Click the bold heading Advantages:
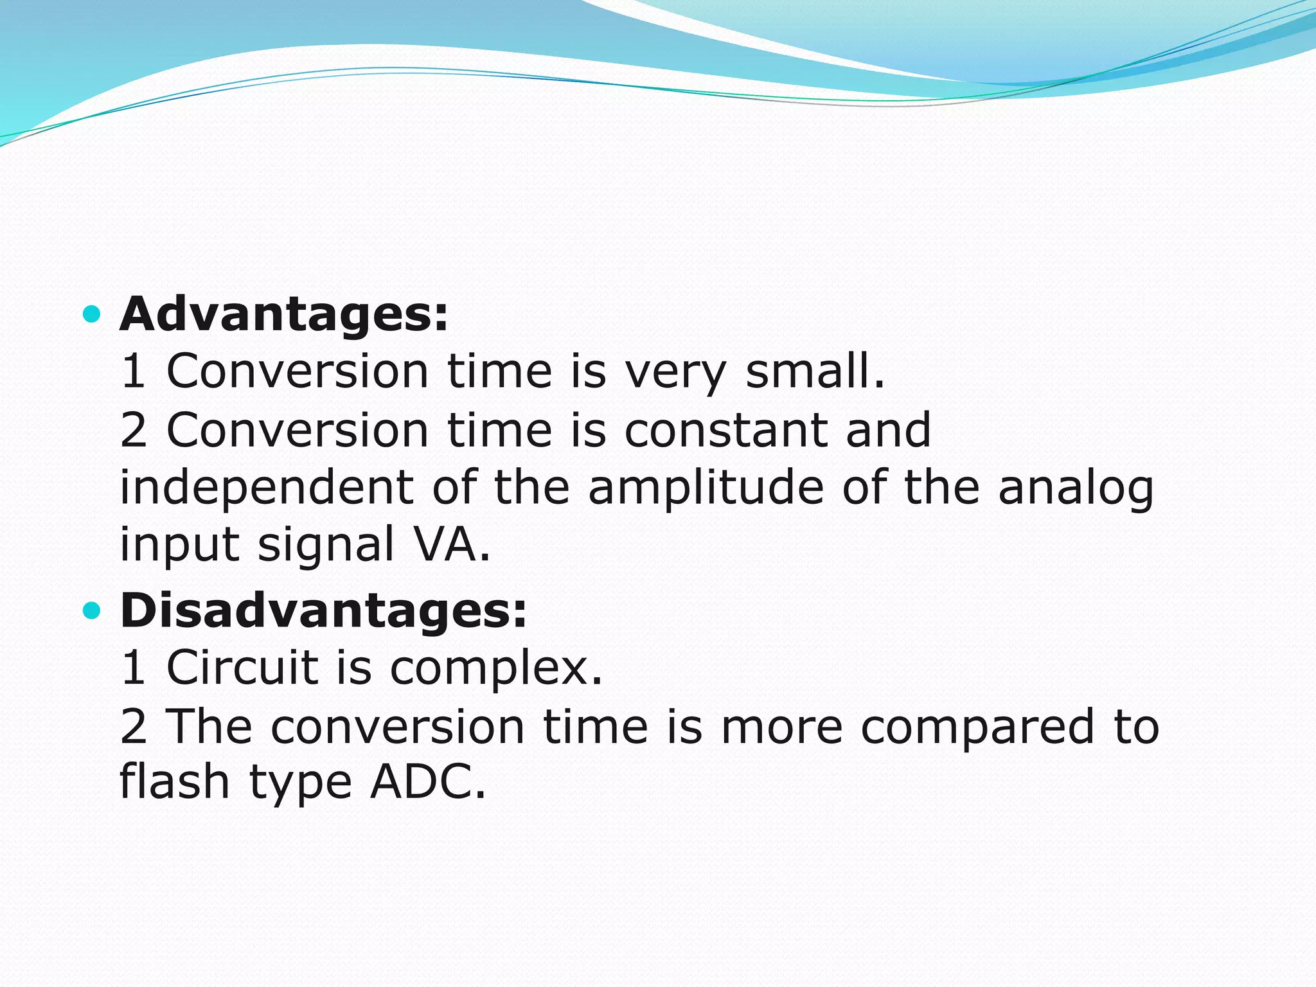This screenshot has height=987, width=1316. [x=283, y=315]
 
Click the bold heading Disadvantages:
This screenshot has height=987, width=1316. [x=323, y=610]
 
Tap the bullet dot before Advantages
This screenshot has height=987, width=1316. [x=93, y=314]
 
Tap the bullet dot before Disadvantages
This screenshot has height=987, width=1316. [x=93, y=610]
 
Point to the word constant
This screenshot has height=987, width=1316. [x=725, y=430]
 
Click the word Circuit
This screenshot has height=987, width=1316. [x=242, y=667]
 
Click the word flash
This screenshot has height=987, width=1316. [x=175, y=782]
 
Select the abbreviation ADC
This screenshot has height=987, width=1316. [x=427, y=782]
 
